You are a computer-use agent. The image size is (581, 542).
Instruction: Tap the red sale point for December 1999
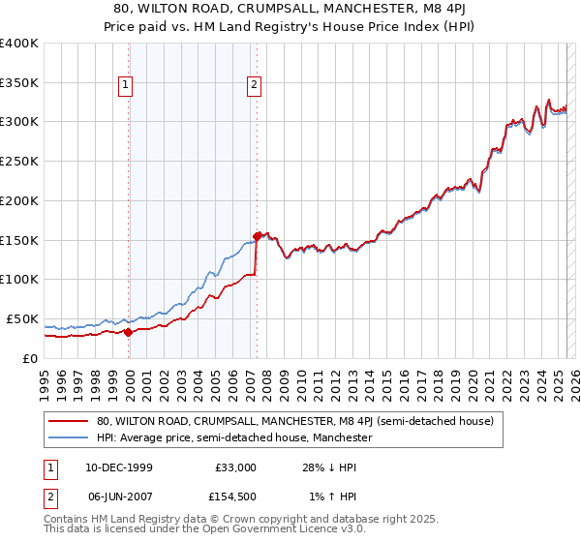point(129,332)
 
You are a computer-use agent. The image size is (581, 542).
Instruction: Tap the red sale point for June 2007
point(257,235)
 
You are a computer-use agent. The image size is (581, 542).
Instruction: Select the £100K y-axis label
point(19,279)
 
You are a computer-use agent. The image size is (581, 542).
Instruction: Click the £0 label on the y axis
point(30,358)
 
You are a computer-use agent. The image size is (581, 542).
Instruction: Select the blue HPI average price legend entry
point(234,438)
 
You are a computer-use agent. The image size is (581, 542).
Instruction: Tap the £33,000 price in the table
point(233,467)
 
